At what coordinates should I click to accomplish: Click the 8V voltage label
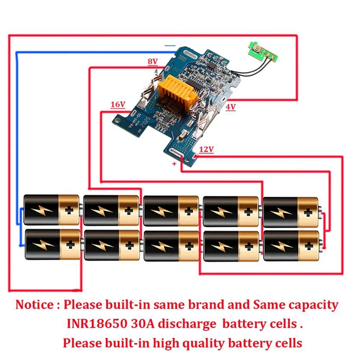(153, 61)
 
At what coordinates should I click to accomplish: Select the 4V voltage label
(230, 107)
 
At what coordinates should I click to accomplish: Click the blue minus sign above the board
(170, 45)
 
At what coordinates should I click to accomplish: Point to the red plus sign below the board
(175, 164)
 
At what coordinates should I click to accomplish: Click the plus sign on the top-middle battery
(189, 210)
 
